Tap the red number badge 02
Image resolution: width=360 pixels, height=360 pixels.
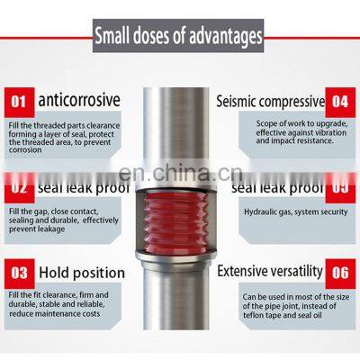click(21, 188)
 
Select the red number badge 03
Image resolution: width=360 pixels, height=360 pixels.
click(21, 271)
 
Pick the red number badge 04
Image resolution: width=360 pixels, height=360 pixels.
click(338, 103)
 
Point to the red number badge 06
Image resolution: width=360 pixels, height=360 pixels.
click(338, 271)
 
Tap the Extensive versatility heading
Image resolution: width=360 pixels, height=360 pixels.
click(269, 271)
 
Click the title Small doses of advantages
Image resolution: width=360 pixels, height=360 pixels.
click(179, 37)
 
